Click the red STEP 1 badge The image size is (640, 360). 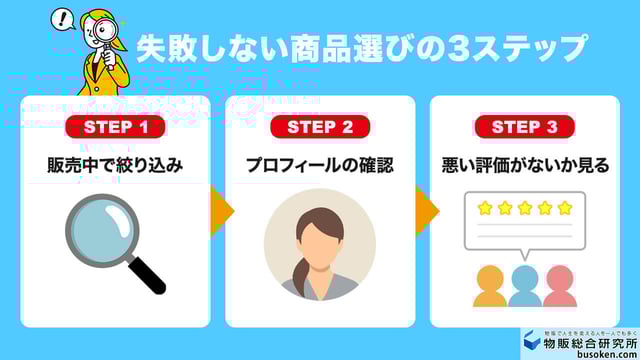pyautogui.click(x=115, y=127)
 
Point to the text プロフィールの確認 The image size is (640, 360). pyautogui.click(x=320, y=165)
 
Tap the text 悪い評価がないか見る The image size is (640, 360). pyautogui.click(x=525, y=165)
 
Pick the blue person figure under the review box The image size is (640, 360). pyautogui.click(x=525, y=285)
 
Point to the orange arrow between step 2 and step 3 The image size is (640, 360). pyautogui.click(x=427, y=211)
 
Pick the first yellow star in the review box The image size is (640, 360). pyautogui.click(x=485, y=208)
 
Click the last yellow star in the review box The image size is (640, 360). pyautogui.click(x=565, y=208)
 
